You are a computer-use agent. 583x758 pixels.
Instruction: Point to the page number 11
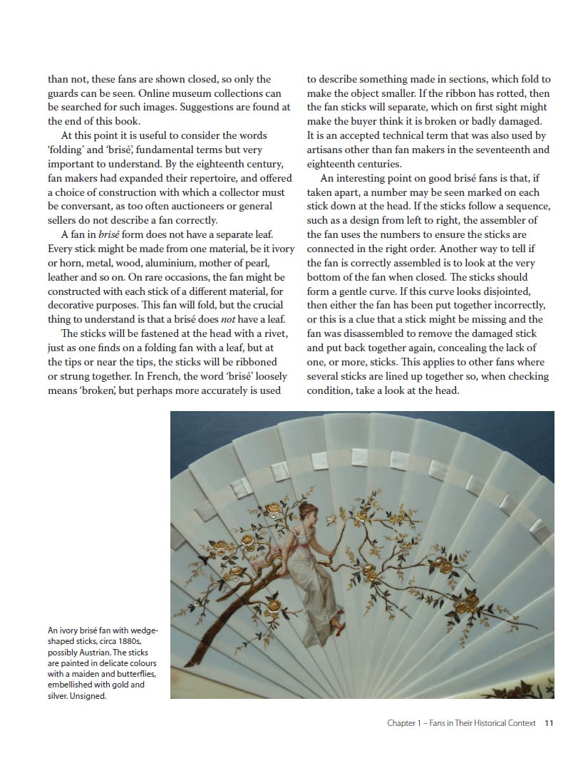[x=548, y=723]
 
